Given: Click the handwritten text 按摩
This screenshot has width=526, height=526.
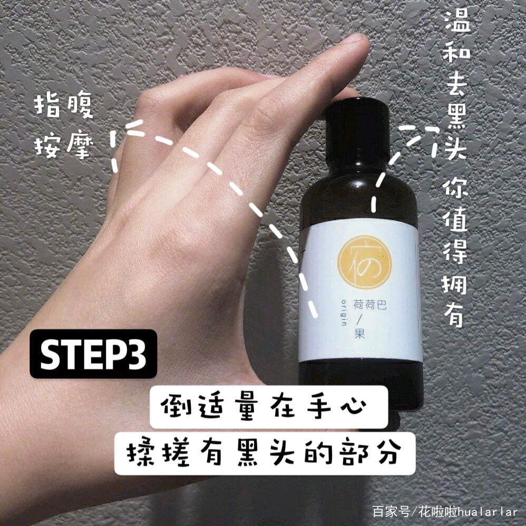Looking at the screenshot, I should point(64,143).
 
